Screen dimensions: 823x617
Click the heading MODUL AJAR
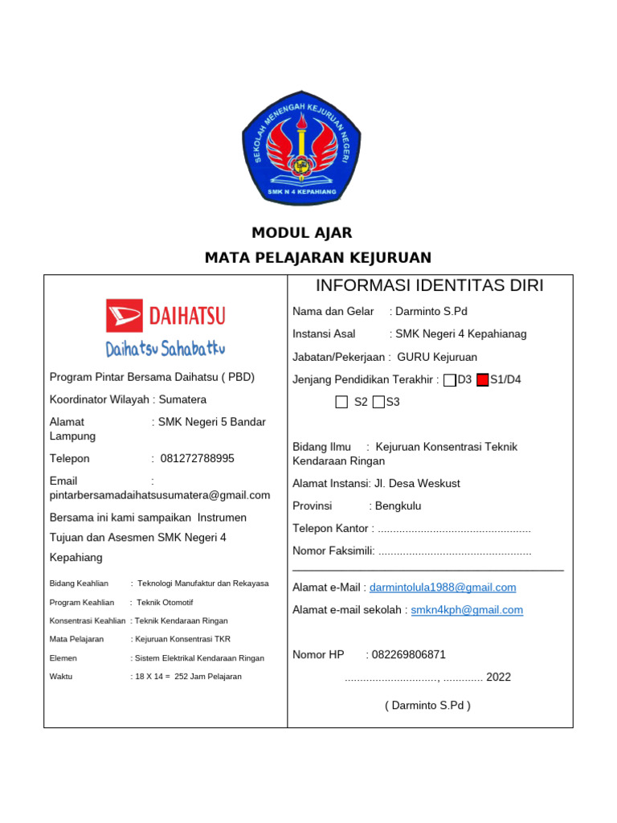[x=302, y=233]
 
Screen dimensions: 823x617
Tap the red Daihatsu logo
[x=165, y=315]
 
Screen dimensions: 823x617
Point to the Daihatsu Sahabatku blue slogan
[x=165, y=349]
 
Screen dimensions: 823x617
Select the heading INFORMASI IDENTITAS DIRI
[x=430, y=285]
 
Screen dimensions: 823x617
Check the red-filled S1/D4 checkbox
[x=482, y=380]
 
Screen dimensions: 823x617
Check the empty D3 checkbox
[x=450, y=380]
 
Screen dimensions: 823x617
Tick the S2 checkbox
[x=342, y=402]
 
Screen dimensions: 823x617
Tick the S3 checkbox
[x=378, y=402]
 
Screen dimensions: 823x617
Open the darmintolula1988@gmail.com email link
[x=443, y=588]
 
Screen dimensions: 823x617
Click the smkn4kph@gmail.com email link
[x=467, y=610]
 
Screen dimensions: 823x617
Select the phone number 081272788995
[x=198, y=459]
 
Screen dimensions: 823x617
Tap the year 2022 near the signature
[x=498, y=678]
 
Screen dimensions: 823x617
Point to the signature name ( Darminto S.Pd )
[x=427, y=706]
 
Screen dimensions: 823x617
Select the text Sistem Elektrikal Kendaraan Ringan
[x=198, y=657]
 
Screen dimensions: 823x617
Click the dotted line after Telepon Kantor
[x=454, y=529]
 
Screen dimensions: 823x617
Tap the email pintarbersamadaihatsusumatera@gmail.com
[x=160, y=495]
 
